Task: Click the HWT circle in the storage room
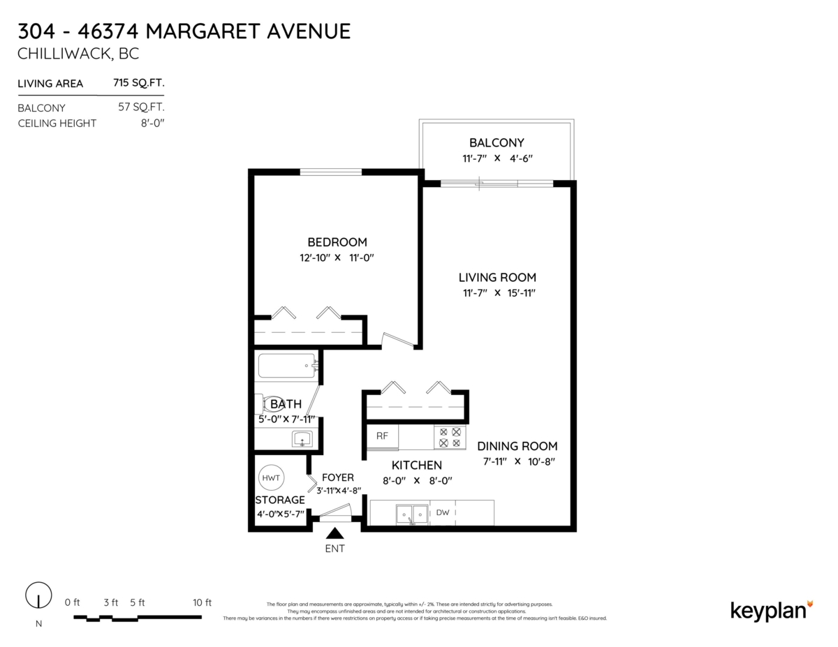pyautogui.click(x=271, y=478)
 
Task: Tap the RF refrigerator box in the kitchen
pyautogui.click(x=382, y=436)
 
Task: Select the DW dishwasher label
pyautogui.click(x=442, y=513)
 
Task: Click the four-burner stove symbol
pyautogui.click(x=450, y=438)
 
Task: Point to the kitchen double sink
pyautogui.click(x=411, y=514)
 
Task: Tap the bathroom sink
pyautogui.click(x=302, y=439)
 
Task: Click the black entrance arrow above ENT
pyautogui.click(x=335, y=533)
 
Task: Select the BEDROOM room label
pyautogui.click(x=337, y=242)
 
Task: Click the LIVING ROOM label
pyautogui.click(x=497, y=277)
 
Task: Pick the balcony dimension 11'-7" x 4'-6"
pyautogui.click(x=497, y=158)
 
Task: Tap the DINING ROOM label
pyautogui.click(x=517, y=446)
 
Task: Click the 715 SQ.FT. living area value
pyautogui.click(x=138, y=83)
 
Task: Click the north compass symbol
pyautogui.click(x=38, y=596)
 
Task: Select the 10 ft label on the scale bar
pyautogui.click(x=202, y=602)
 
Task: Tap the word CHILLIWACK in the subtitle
pyautogui.click(x=59, y=54)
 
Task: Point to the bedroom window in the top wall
pyautogui.click(x=331, y=171)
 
